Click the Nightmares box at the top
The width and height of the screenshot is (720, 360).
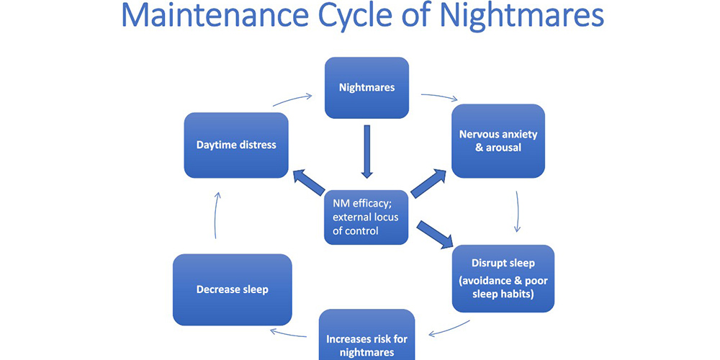coord(366,88)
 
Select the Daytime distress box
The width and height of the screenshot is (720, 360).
coord(236,145)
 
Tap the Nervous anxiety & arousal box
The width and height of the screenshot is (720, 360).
coord(498,140)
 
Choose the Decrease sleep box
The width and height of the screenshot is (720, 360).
coord(232,289)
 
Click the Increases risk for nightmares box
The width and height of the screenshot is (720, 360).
coord(366,338)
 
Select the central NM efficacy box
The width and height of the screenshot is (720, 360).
coord(366,216)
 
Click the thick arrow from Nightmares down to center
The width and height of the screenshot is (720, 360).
coord(366,151)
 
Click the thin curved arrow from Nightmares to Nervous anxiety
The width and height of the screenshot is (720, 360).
coord(438,96)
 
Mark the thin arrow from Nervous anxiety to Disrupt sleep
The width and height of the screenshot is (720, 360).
coord(518,212)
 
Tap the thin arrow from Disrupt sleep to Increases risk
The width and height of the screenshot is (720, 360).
coord(450,328)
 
